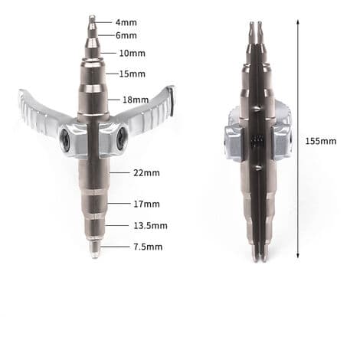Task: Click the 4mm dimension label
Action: click(126, 22)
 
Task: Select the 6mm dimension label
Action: click(126, 35)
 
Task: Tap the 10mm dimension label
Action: click(133, 54)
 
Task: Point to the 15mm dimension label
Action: click(133, 74)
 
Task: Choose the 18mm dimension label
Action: click(136, 100)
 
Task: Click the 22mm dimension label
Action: click(146, 173)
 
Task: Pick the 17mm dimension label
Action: click(146, 204)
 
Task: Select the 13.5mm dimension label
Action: click(151, 226)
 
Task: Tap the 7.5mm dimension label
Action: click(148, 247)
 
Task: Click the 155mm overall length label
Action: click(321, 141)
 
